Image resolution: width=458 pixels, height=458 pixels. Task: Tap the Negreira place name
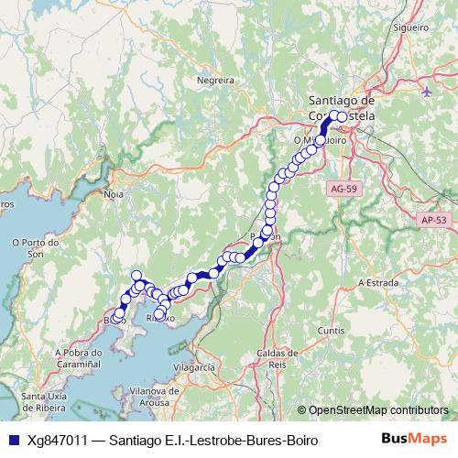216,80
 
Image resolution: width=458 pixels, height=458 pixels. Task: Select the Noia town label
114,195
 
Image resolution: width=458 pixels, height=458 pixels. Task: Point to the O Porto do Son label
35,248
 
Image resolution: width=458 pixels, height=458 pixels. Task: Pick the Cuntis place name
330,329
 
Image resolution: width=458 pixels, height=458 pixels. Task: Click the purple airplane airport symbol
428,92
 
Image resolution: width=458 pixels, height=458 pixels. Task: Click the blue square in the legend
12,441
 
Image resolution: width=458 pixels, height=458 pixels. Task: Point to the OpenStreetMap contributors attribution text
377,409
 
